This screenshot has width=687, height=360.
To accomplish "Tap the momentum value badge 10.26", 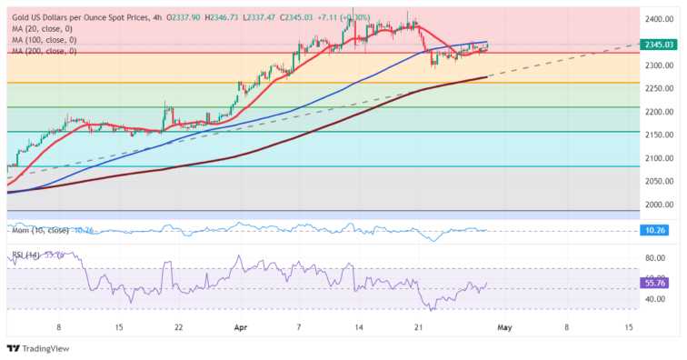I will (x=659, y=231).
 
